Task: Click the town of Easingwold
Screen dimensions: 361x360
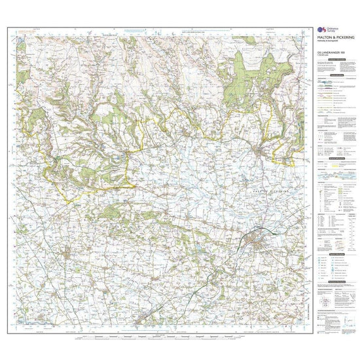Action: [65, 252]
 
